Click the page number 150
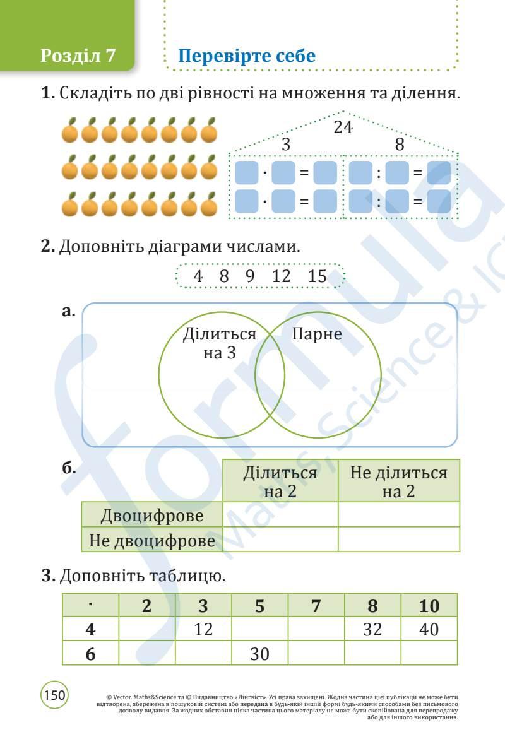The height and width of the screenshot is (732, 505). (55, 695)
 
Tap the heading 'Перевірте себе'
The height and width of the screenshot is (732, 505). (247, 56)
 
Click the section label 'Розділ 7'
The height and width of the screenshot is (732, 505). (78, 56)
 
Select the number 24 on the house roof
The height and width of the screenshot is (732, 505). (343, 127)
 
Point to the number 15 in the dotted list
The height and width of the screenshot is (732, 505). (318, 276)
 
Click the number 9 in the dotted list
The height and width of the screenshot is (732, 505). (249, 276)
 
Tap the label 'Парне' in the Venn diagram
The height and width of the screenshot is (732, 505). (316, 334)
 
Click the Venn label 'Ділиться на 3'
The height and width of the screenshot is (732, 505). (219, 343)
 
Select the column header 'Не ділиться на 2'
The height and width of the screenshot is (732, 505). (398, 481)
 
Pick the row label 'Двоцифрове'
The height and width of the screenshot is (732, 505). (152, 516)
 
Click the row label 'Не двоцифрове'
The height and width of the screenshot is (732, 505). (152, 541)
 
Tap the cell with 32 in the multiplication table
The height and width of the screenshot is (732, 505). (372, 629)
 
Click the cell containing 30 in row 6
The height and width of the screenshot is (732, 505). (259, 654)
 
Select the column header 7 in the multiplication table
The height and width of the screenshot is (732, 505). (316, 606)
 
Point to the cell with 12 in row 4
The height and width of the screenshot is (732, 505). (203, 629)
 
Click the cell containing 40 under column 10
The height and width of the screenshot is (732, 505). (429, 629)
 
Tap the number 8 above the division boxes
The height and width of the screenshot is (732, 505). (399, 145)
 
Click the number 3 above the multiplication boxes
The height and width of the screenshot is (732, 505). (286, 145)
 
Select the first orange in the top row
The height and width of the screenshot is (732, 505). (71, 131)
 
